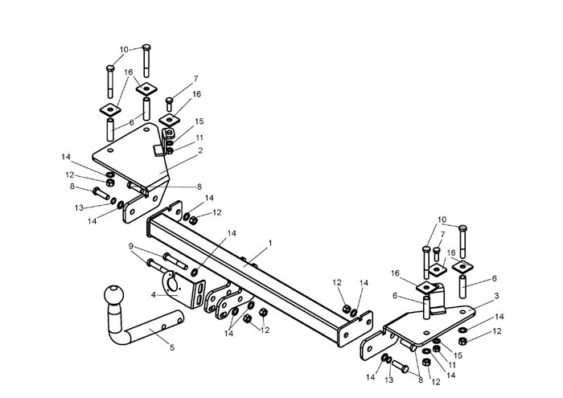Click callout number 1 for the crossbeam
(270, 243)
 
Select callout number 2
(200, 150)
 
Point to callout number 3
(496, 296)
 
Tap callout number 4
(154, 294)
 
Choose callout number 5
(172, 347)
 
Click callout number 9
(131, 246)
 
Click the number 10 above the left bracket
(124, 50)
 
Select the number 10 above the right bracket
(442, 220)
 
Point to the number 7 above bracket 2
(195, 78)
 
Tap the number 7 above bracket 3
(442, 234)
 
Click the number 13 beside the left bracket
(79, 207)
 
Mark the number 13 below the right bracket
(389, 380)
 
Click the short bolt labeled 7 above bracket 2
(169, 105)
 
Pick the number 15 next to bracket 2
(199, 121)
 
